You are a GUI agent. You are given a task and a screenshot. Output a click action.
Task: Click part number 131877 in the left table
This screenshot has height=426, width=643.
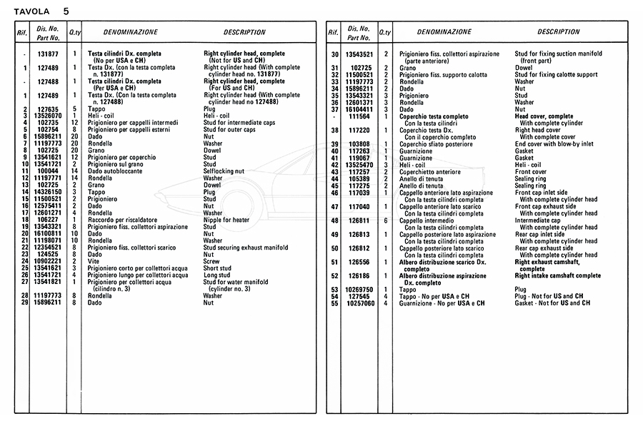coord(48,54)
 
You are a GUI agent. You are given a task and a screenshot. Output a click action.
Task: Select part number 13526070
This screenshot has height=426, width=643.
coord(48,116)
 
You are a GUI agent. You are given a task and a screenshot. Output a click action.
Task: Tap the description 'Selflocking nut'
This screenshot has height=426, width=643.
coord(224,171)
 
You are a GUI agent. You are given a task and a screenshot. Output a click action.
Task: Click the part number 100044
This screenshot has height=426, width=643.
coord(48,171)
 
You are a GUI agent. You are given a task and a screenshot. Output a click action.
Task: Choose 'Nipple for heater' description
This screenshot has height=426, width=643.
coord(226,220)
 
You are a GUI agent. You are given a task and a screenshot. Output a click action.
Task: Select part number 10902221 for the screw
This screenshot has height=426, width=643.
coord(48,261)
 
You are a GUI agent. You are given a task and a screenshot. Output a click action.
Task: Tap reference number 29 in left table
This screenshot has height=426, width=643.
coord(25,303)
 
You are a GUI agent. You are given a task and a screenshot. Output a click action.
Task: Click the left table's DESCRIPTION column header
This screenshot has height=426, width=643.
coord(244,32)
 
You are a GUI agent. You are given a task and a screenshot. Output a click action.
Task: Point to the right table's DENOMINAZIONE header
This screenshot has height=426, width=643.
coord(444,32)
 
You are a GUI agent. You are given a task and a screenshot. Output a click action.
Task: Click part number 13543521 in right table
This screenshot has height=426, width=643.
coord(359,54)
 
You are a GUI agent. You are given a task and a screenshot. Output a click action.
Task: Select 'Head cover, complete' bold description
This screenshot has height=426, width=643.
coord(544,116)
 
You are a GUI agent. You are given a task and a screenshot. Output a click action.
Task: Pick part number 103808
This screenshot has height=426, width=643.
coord(359,143)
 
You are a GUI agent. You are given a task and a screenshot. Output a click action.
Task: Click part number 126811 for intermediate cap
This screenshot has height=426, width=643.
coord(359,220)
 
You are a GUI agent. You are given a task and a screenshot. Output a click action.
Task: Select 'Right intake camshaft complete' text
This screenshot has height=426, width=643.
coord(558,275)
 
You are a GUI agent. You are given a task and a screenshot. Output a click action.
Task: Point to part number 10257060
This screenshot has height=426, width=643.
coord(359,303)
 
